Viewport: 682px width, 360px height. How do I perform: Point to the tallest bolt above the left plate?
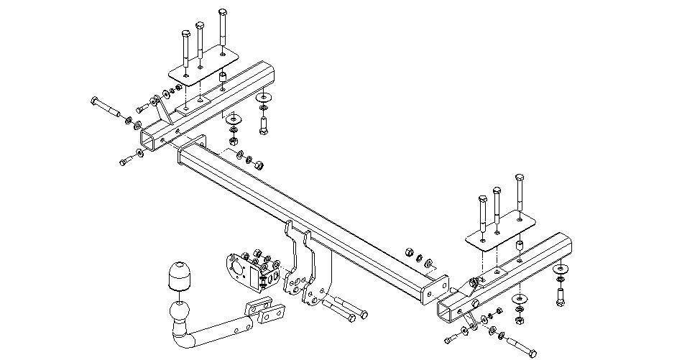click(223, 29)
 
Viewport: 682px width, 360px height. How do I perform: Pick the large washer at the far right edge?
click(561, 269)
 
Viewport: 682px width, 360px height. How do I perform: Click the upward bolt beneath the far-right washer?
click(560, 292)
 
